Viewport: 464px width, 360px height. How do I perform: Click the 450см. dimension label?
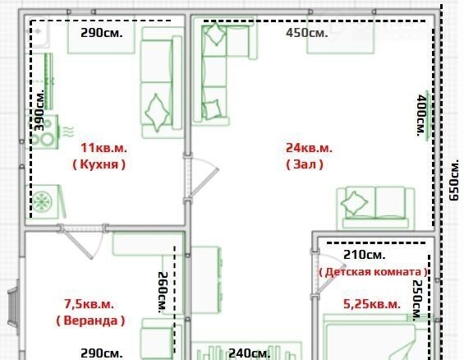[x=307, y=33]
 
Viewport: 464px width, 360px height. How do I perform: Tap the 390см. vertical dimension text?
[x=39, y=110]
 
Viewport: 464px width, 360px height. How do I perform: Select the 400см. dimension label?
[x=421, y=115]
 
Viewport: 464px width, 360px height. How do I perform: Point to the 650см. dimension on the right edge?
[x=453, y=180]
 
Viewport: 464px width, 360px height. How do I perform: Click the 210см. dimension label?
[x=365, y=255]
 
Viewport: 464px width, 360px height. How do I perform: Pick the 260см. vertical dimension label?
[x=163, y=293]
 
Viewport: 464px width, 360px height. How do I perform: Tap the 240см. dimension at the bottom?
[x=250, y=353]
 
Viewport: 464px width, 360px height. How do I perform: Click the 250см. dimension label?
[x=417, y=300]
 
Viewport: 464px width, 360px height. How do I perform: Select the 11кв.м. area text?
[x=103, y=148]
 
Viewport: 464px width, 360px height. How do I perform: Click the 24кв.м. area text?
[x=309, y=148]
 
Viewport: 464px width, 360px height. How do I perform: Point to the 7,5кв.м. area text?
[x=89, y=304]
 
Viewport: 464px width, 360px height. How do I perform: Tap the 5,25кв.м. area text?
[x=372, y=304]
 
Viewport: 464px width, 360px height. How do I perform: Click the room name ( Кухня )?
[x=99, y=164]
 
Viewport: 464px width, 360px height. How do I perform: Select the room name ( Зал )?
[x=305, y=164]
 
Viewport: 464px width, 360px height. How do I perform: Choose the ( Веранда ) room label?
[x=90, y=321]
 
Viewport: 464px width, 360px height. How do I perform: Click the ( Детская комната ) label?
[x=373, y=272]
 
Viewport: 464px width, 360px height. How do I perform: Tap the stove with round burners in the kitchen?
[x=44, y=132]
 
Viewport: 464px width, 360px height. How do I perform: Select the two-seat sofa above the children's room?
[x=375, y=208]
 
